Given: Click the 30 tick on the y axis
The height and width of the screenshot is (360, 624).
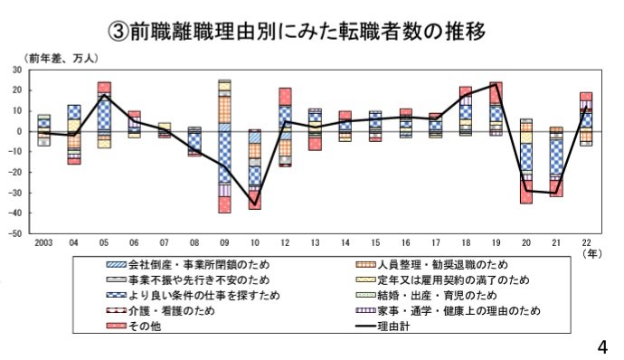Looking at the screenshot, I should tap(17, 70).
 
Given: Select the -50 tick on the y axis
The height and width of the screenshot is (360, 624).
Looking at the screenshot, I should tap(15, 233).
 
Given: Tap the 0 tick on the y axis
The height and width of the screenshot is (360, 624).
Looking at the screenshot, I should tap(20, 131).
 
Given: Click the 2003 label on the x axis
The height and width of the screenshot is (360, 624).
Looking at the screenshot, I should tap(43, 243).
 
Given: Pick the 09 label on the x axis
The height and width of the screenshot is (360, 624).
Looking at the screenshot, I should tap(224, 243).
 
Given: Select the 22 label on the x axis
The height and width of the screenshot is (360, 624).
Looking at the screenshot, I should tap(585, 243).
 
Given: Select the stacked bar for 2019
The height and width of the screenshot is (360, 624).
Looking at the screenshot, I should tap(496, 109).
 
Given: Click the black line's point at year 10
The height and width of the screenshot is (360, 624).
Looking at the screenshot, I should tap(255, 198).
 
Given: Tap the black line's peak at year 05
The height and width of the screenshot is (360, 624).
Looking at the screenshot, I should tap(104, 95).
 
